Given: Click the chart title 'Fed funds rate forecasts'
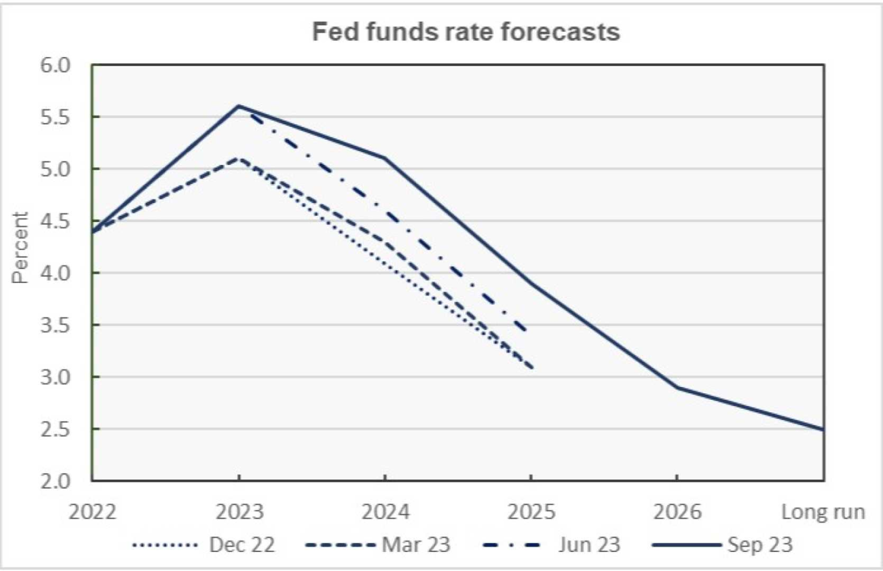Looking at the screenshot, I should coord(466,32).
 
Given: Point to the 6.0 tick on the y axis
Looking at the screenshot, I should coord(55,65).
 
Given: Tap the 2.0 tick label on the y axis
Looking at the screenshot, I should coord(55,481).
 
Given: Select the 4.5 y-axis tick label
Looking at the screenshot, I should coord(55,221).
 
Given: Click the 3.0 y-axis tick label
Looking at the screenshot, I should coord(55,377).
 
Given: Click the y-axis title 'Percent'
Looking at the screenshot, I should coord(20,248).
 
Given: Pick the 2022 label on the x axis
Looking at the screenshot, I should coord(92,511).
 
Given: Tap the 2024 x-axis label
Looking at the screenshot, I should coord(385,511).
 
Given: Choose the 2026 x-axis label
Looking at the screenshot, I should coord(677,511).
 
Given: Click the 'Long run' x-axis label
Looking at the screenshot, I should coord(823,511).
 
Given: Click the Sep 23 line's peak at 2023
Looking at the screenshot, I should coord(239,106).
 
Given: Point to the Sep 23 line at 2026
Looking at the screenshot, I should coord(678,387).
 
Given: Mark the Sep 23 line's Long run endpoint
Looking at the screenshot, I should coord(823,429).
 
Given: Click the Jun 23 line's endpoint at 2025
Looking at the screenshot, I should coord(527,330).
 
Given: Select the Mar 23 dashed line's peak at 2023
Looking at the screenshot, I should coord(239,158).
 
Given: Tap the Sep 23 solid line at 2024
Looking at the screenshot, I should coord(385,158).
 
